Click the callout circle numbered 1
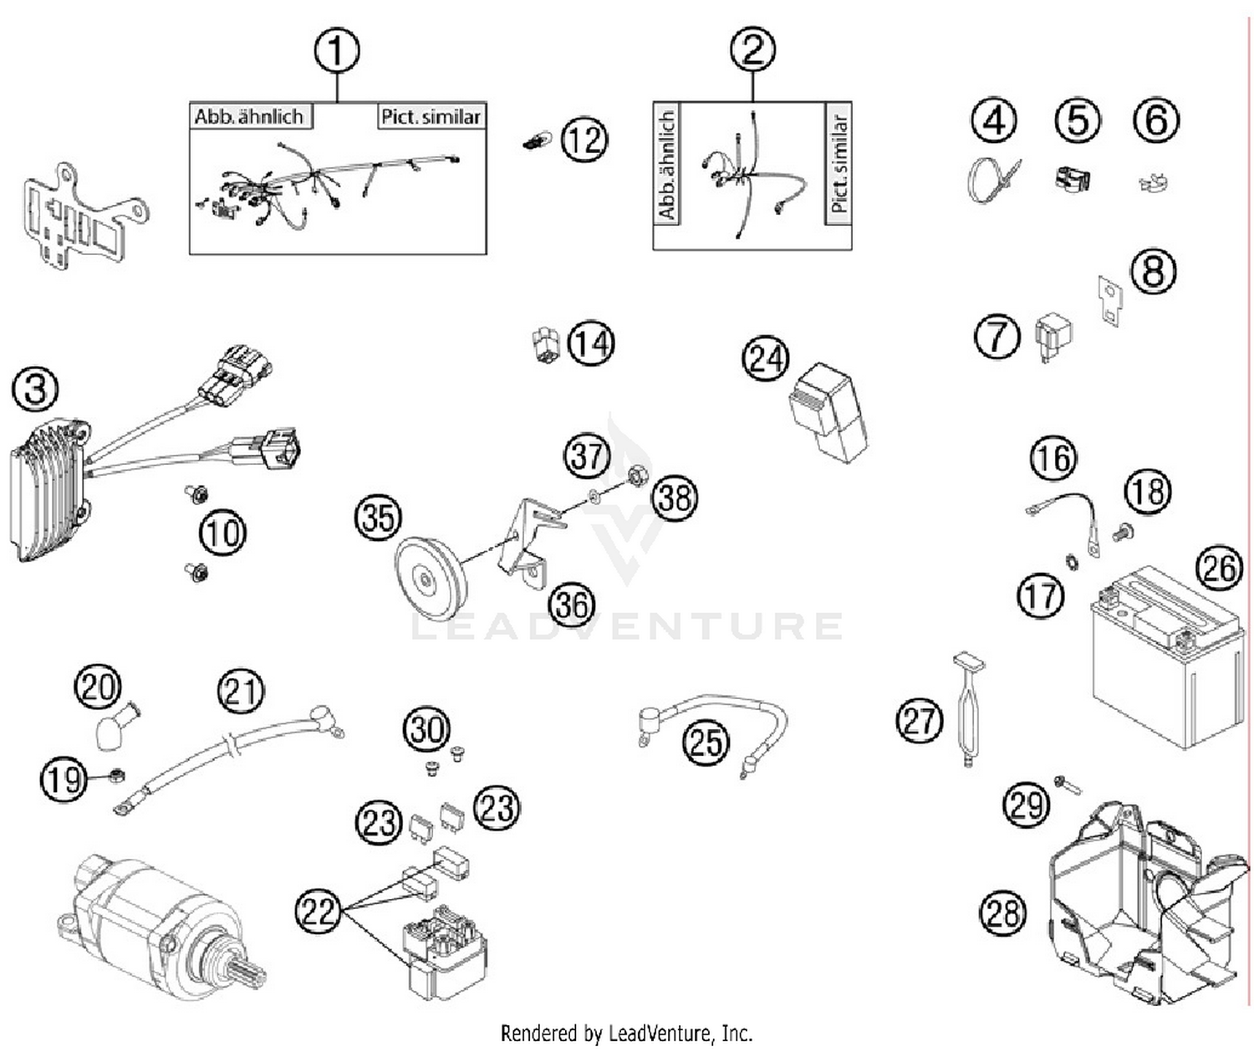337,51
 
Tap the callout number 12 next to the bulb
584,139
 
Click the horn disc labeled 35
427,577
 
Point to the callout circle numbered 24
766,359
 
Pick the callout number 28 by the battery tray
1002,912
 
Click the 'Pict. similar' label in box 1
431,116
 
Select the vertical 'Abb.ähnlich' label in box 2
666,165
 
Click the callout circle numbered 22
319,910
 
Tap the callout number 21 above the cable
241,692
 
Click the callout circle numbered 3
36,389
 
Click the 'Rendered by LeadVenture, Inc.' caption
626,1034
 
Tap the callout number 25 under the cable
706,741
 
